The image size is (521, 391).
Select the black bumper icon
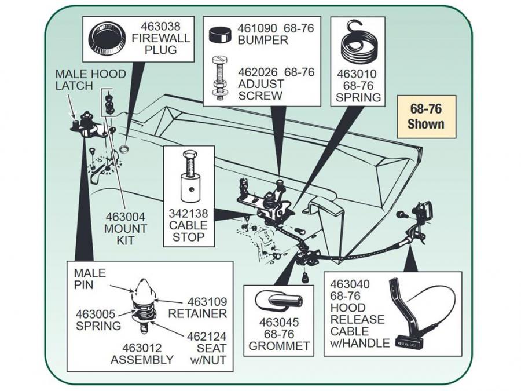[221, 34]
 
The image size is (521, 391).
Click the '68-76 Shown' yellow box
[425, 116]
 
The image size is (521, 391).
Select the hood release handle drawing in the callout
[415, 313]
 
